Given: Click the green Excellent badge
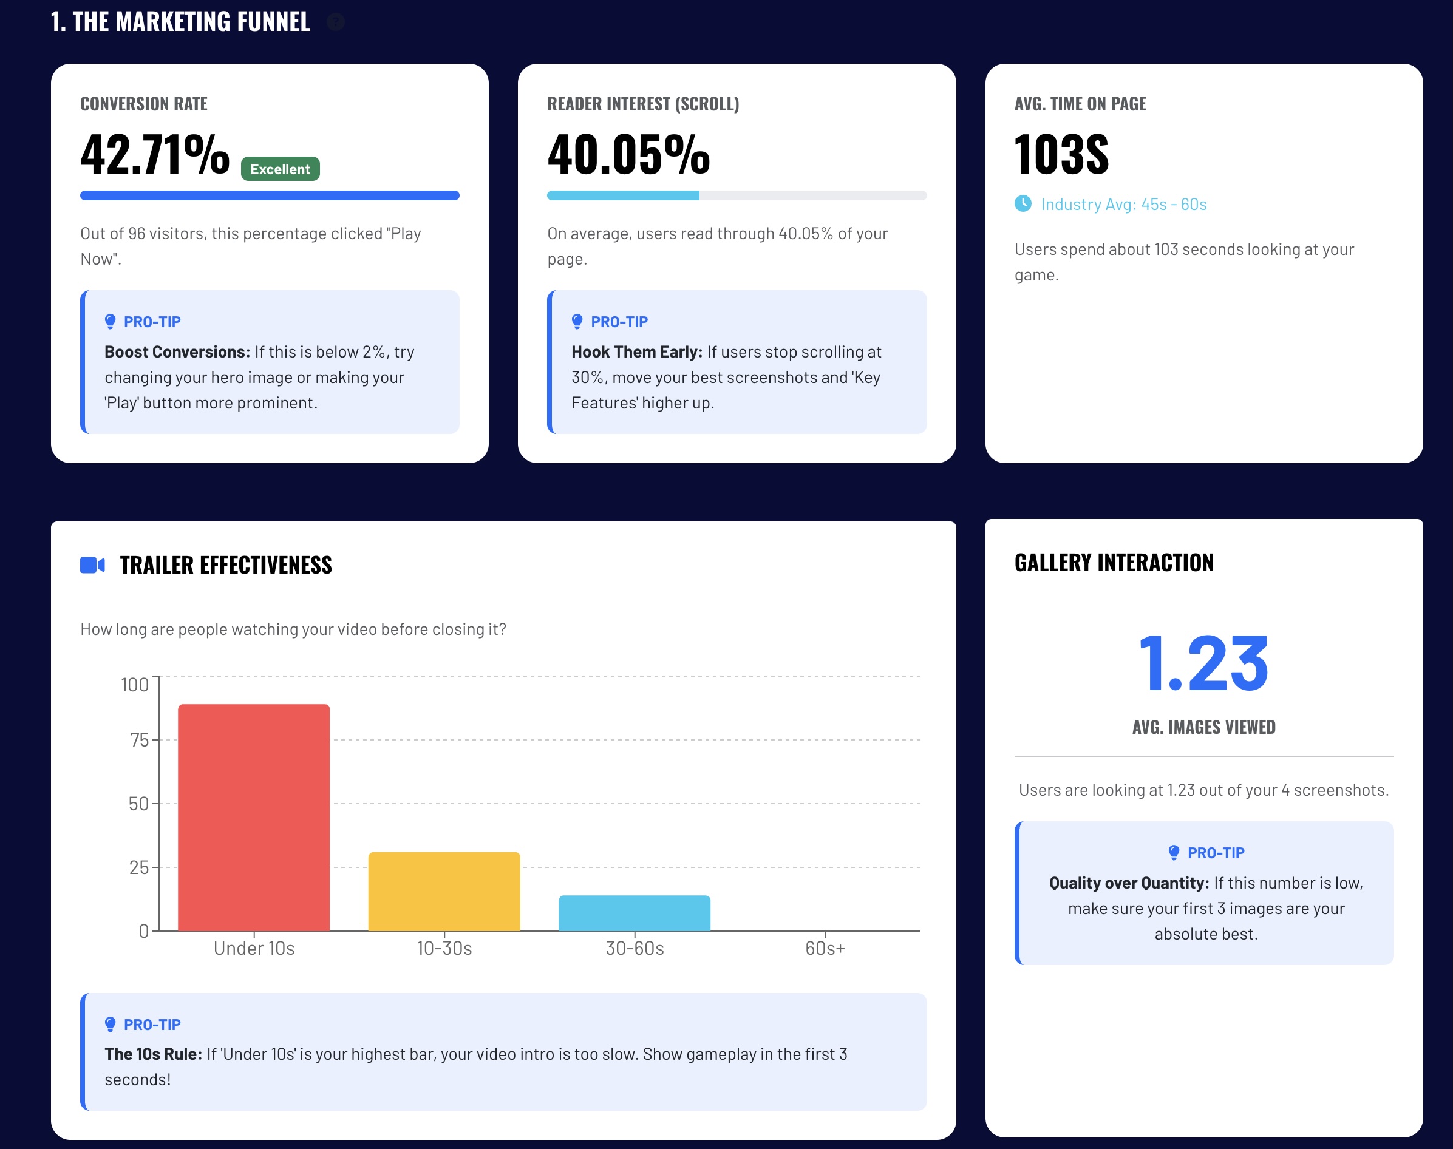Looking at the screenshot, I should pos(280,169).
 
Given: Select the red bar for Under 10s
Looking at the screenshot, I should pos(254,818).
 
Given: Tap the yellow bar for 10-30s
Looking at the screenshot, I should pos(444,892).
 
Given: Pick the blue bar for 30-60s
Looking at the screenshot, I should pos(634,913).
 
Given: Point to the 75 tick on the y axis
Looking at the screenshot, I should pos(139,740).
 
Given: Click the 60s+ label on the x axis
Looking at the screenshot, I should pos(825,948).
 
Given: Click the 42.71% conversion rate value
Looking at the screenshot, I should pos(155,155).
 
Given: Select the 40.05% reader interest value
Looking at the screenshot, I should pos(628,155).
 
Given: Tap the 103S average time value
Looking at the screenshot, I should pos(1061,155).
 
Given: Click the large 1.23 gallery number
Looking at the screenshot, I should pos(1203,664).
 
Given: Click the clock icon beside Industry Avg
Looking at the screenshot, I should pos(1023,203).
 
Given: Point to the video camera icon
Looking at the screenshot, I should pos(92,565).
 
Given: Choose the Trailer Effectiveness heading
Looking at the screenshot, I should pos(225,565).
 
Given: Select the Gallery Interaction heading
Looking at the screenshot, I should pos(1114,563).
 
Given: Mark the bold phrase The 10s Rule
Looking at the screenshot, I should pos(154,1054).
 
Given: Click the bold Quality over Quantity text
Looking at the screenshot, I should pos(1129,883).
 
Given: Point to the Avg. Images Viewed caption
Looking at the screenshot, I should pos(1203,727).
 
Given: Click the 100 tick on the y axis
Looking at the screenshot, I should pos(135,685).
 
